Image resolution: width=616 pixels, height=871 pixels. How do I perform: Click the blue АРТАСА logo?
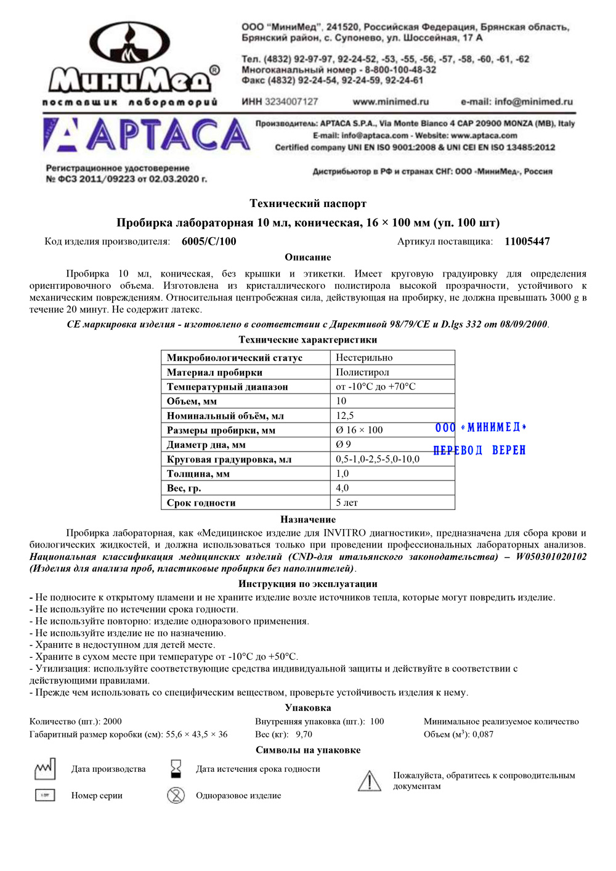147,135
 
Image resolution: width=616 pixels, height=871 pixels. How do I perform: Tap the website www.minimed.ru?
391,102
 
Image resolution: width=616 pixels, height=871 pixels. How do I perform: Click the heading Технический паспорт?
307,203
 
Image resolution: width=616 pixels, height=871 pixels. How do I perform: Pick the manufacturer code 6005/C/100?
209,241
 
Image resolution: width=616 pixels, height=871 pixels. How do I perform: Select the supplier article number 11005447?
527,241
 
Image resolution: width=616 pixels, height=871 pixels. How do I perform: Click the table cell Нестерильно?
364,358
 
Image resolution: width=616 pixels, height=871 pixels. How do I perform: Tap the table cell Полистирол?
362,372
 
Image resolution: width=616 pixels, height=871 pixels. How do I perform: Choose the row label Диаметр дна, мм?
206,445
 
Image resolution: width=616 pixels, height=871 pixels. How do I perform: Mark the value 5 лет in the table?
347,503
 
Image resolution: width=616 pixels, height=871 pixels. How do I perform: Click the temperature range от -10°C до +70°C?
375,387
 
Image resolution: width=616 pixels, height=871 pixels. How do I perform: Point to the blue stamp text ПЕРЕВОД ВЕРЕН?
479,451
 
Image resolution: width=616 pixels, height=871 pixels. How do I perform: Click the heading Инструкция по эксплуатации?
307,584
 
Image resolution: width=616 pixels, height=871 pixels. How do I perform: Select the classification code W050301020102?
551,557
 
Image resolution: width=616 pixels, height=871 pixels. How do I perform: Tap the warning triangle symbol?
370,781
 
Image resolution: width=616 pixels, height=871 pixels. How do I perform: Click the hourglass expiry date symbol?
176,769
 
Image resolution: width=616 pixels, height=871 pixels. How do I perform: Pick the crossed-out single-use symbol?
176,795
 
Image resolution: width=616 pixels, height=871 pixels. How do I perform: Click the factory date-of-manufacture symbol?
45,769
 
